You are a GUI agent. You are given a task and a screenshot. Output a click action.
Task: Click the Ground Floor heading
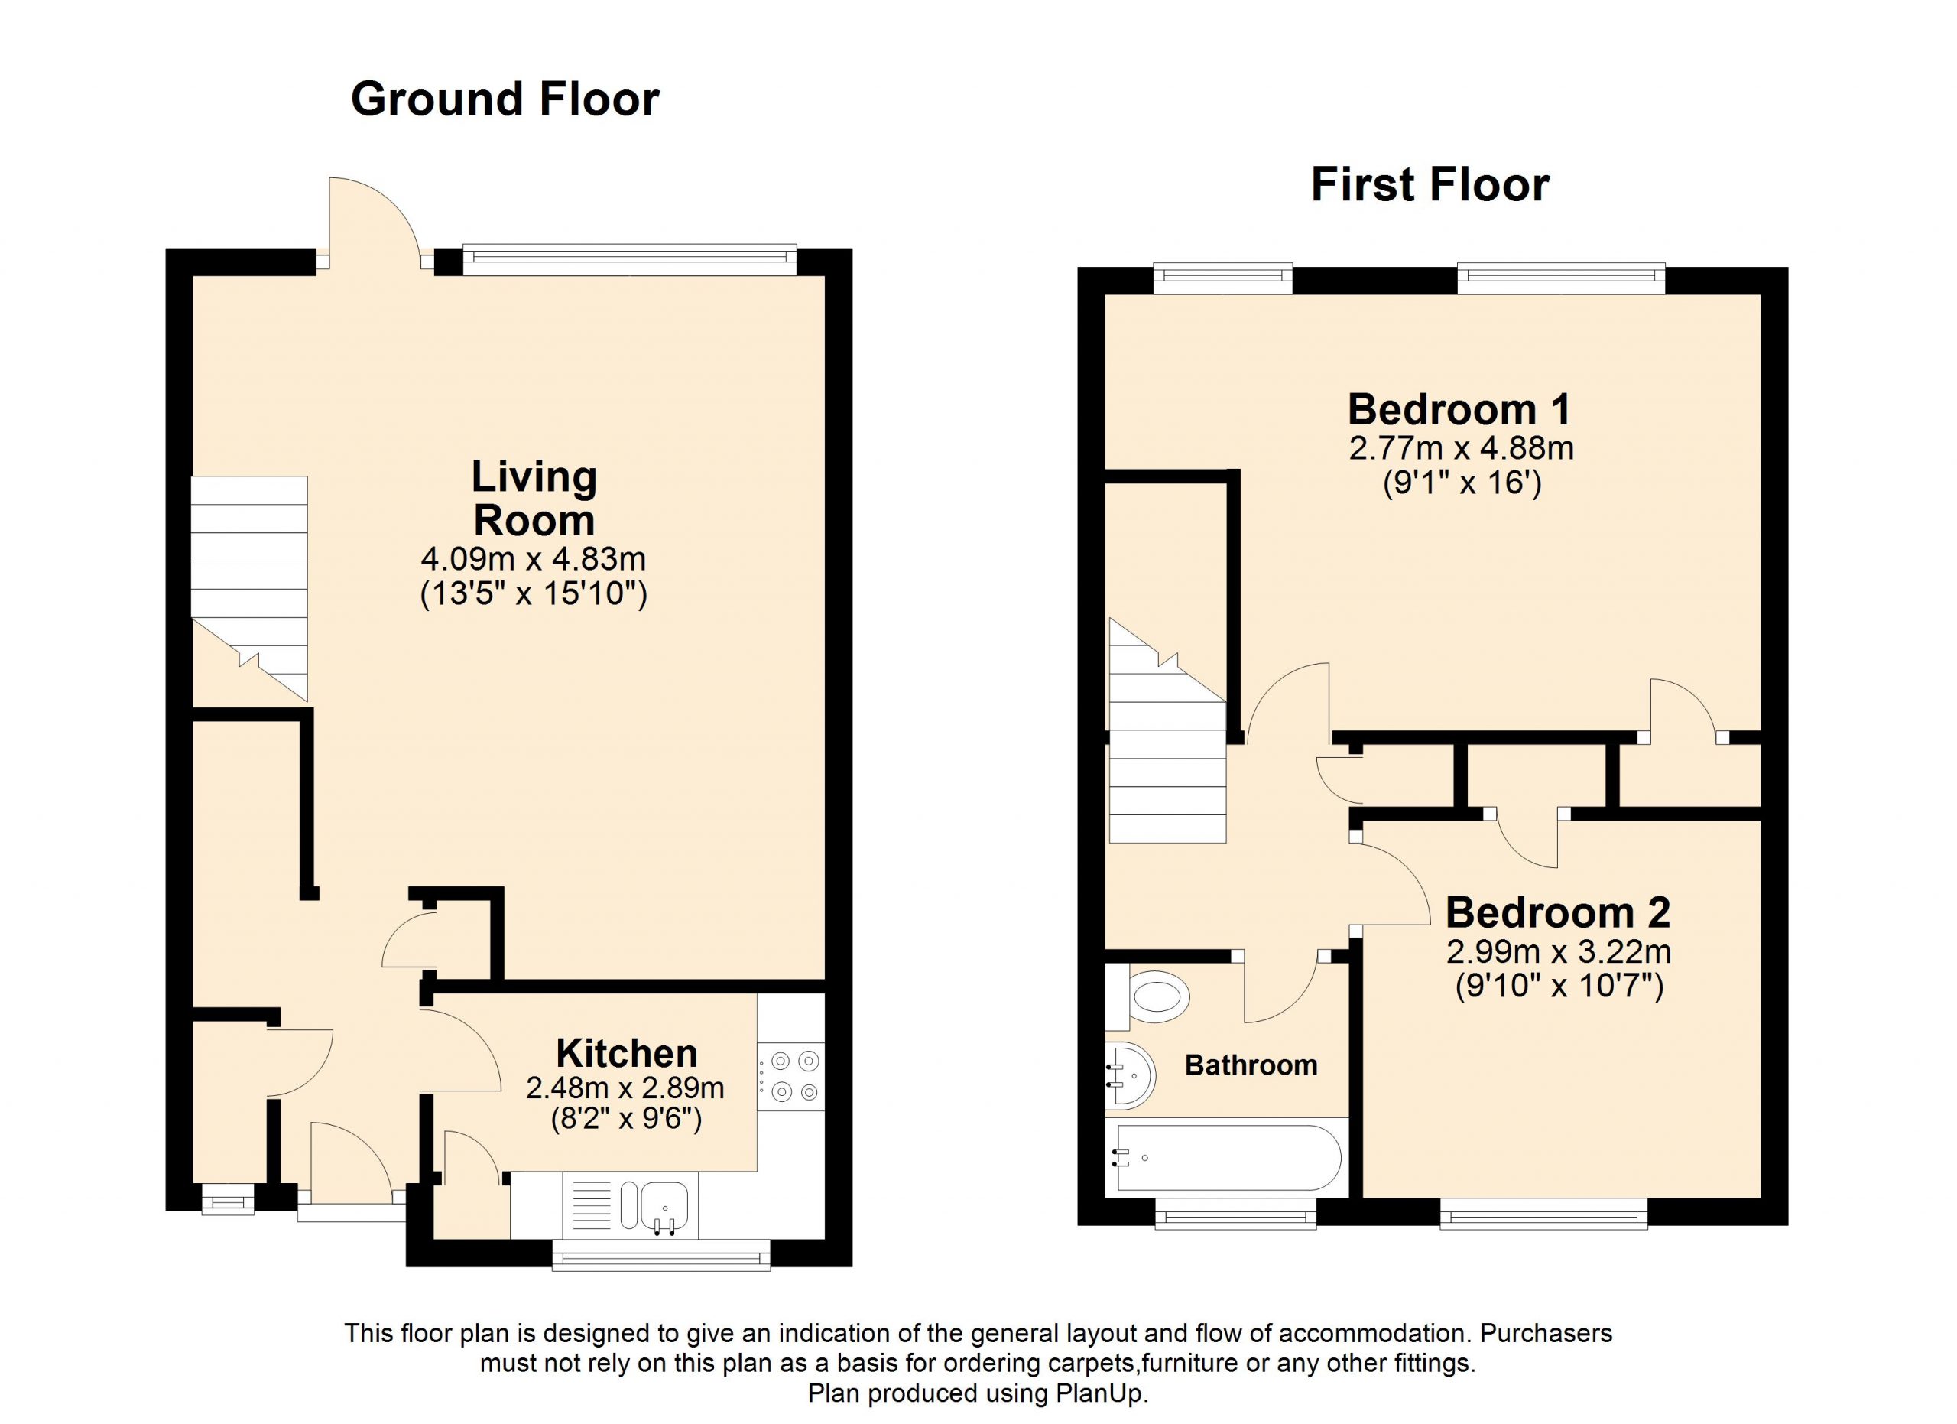pyautogui.click(x=505, y=99)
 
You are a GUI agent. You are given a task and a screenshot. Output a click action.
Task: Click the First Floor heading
pyautogui.click(x=1430, y=184)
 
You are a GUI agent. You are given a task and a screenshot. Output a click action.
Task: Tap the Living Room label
pyautogui.click(x=534, y=499)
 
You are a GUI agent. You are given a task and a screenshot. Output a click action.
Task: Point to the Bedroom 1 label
pyautogui.click(x=1459, y=409)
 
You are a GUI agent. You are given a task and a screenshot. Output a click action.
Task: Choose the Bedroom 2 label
pyautogui.click(x=1557, y=912)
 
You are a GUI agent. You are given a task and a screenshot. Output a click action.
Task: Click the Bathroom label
pyautogui.click(x=1251, y=1065)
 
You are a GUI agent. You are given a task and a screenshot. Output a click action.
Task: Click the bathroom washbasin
pyautogui.click(x=1130, y=1075)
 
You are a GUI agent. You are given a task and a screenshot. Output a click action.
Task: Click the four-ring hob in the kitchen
pyautogui.click(x=792, y=1076)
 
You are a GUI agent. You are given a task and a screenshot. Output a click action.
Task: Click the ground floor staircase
pyautogui.click(x=249, y=589)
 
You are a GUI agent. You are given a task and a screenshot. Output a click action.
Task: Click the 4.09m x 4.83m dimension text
pyautogui.click(x=534, y=559)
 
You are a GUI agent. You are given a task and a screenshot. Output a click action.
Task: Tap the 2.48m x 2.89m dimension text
pyautogui.click(x=625, y=1088)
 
